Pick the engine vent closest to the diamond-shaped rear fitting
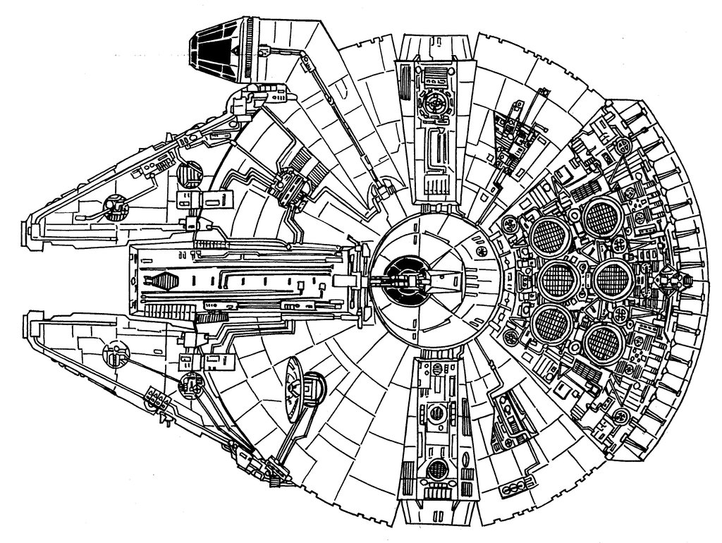[608, 278]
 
